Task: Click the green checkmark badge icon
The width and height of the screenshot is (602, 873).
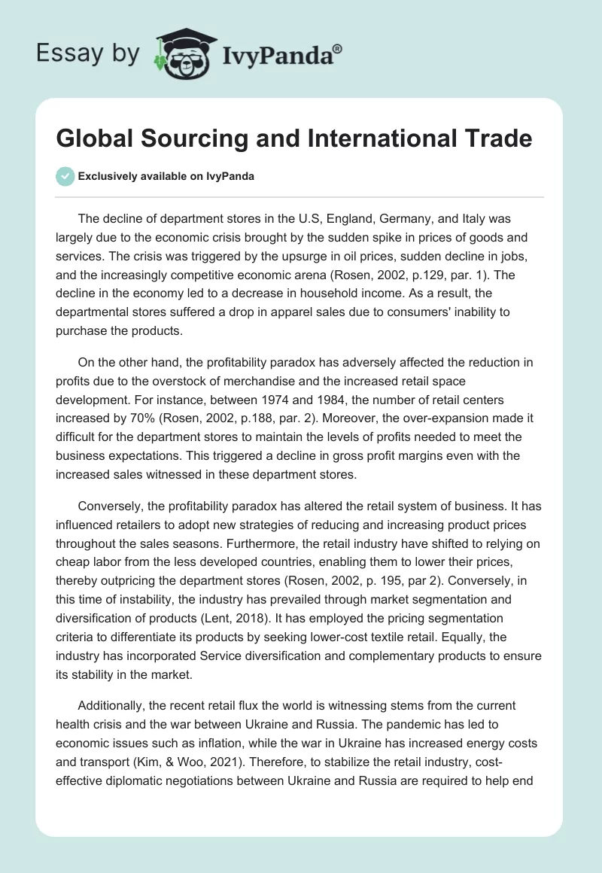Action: (65, 176)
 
